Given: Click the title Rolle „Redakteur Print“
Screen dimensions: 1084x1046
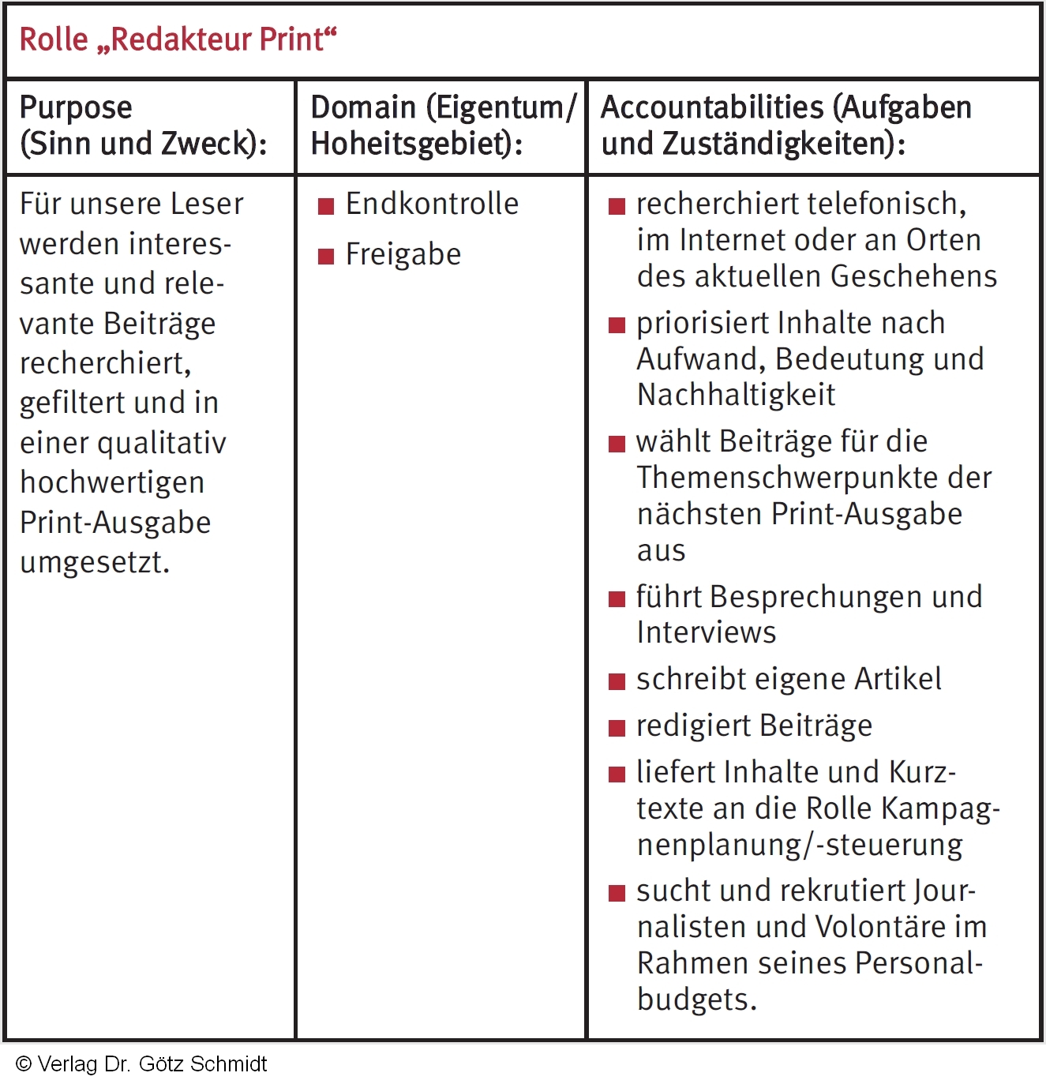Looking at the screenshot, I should pyautogui.click(x=178, y=39).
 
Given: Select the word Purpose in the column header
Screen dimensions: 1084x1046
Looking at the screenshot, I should pyautogui.click(x=76, y=108).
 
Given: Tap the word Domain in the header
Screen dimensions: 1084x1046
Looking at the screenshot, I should pyautogui.click(x=363, y=108).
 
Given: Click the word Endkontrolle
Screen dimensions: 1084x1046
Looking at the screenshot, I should pyautogui.click(x=432, y=204).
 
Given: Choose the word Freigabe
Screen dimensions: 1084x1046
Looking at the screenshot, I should pyautogui.click(x=403, y=255).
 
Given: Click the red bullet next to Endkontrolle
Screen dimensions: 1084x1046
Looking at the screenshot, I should pyautogui.click(x=326, y=207).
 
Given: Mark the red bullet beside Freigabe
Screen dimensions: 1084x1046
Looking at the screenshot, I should pyautogui.click(x=326, y=257).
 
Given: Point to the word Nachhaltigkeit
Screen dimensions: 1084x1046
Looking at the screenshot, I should pyautogui.click(x=736, y=395).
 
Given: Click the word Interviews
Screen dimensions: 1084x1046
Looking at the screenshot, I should pyautogui.click(x=707, y=632).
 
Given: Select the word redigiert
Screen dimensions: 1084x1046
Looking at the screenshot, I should pyautogui.click(x=681, y=726).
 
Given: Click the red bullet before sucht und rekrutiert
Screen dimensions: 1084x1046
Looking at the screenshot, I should pyautogui.click(x=617, y=893).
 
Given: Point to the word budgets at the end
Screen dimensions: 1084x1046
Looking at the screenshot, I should pyautogui.click(x=695, y=1000).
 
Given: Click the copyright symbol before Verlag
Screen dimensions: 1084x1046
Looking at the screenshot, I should pyautogui.click(x=24, y=1064).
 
